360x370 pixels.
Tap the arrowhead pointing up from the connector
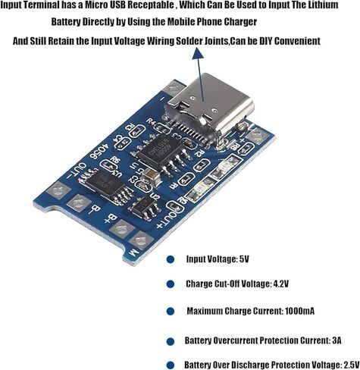198,53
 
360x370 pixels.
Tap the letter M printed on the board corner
133,252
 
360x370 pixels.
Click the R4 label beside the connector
152,122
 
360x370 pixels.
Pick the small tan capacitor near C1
152,176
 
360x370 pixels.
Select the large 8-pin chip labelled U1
158,152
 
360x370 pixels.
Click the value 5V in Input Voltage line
244,259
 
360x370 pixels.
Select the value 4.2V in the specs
281,284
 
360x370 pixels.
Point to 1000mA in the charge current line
300,311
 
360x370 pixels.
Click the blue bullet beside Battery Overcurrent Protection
171,341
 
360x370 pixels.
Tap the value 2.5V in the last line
352,365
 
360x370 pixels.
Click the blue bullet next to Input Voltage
171,259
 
